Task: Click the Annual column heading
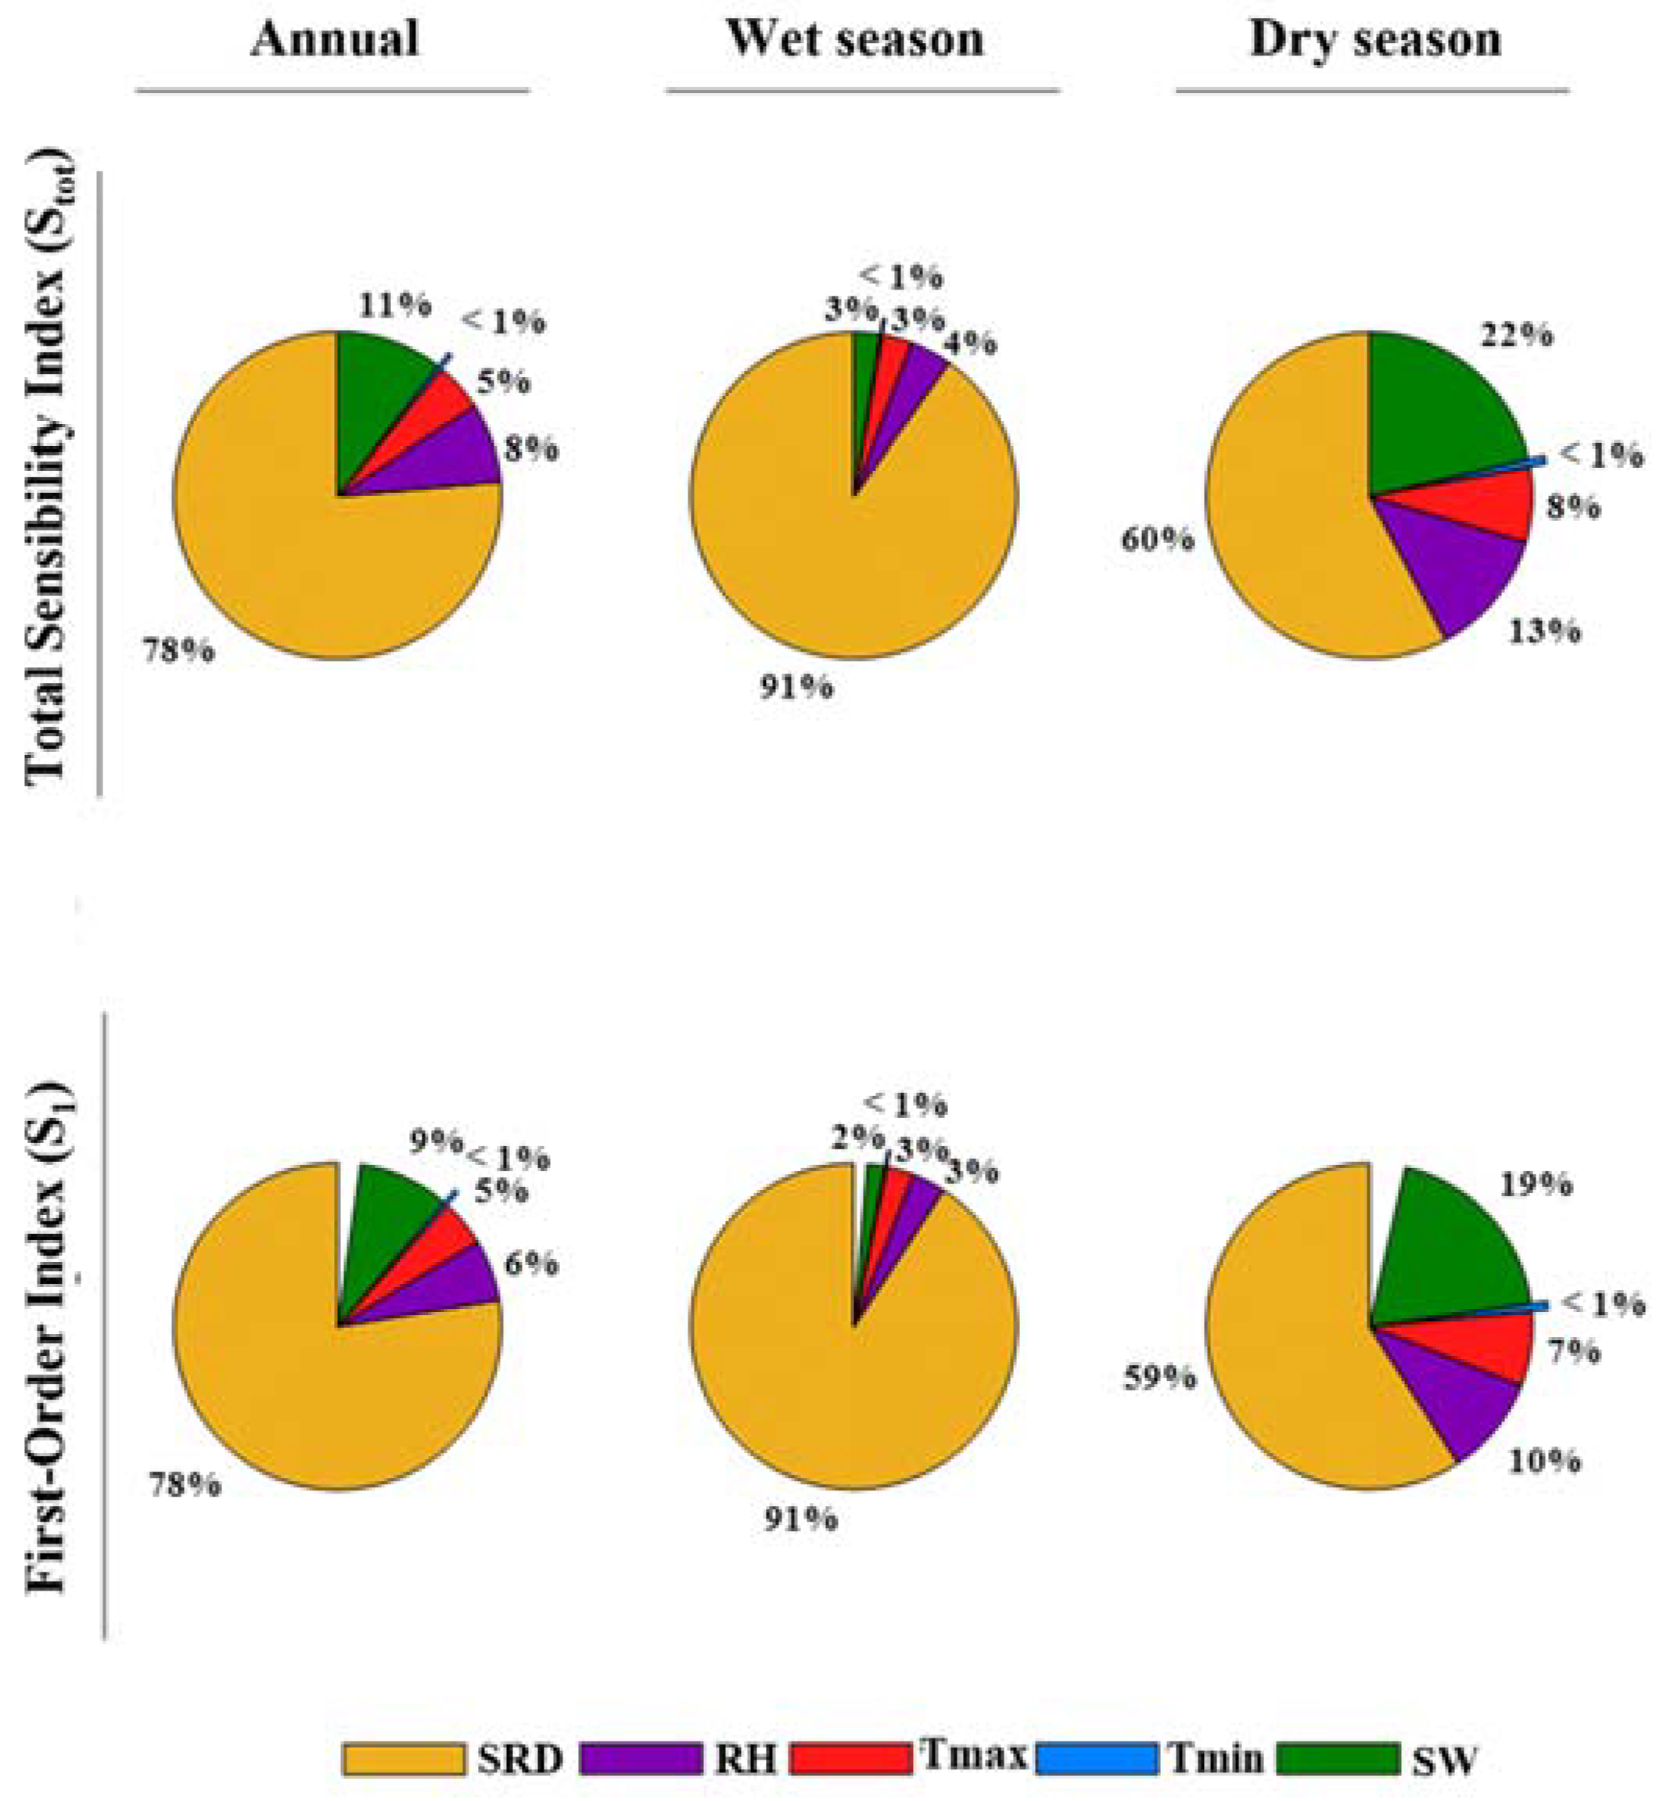click(x=335, y=39)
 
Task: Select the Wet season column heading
click(x=854, y=39)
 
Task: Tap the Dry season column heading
click(x=1374, y=41)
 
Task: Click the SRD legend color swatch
click(x=403, y=1759)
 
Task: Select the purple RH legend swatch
click(x=641, y=1759)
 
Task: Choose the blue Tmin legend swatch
click(x=1097, y=1759)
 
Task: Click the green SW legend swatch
click(x=1338, y=1759)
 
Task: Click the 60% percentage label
click(x=1157, y=541)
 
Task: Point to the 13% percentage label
click(x=1544, y=631)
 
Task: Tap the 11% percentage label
click(x=394, y=305)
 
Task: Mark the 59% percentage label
click(x=1159, y=1378)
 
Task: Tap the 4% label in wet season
click(x=972, y=343)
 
